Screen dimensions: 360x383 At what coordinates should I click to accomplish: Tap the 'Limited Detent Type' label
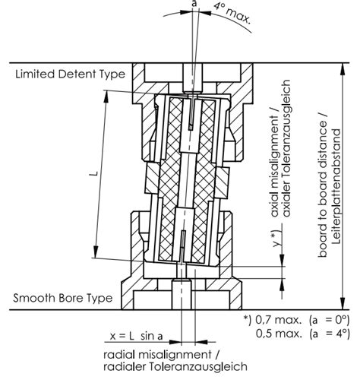point(71,74)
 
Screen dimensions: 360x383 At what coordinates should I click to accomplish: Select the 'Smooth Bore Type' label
point(63,298)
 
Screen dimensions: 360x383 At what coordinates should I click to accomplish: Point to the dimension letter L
point(94,174)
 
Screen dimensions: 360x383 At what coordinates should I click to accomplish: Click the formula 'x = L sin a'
point(136,336)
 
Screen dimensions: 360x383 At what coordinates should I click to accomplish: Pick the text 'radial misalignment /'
point(161,354)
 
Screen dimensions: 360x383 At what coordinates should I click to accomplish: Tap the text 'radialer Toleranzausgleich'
point(175,366)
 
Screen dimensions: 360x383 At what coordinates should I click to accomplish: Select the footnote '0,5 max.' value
point(279,334)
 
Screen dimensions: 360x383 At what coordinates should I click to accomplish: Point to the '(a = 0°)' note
point(330,321)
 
